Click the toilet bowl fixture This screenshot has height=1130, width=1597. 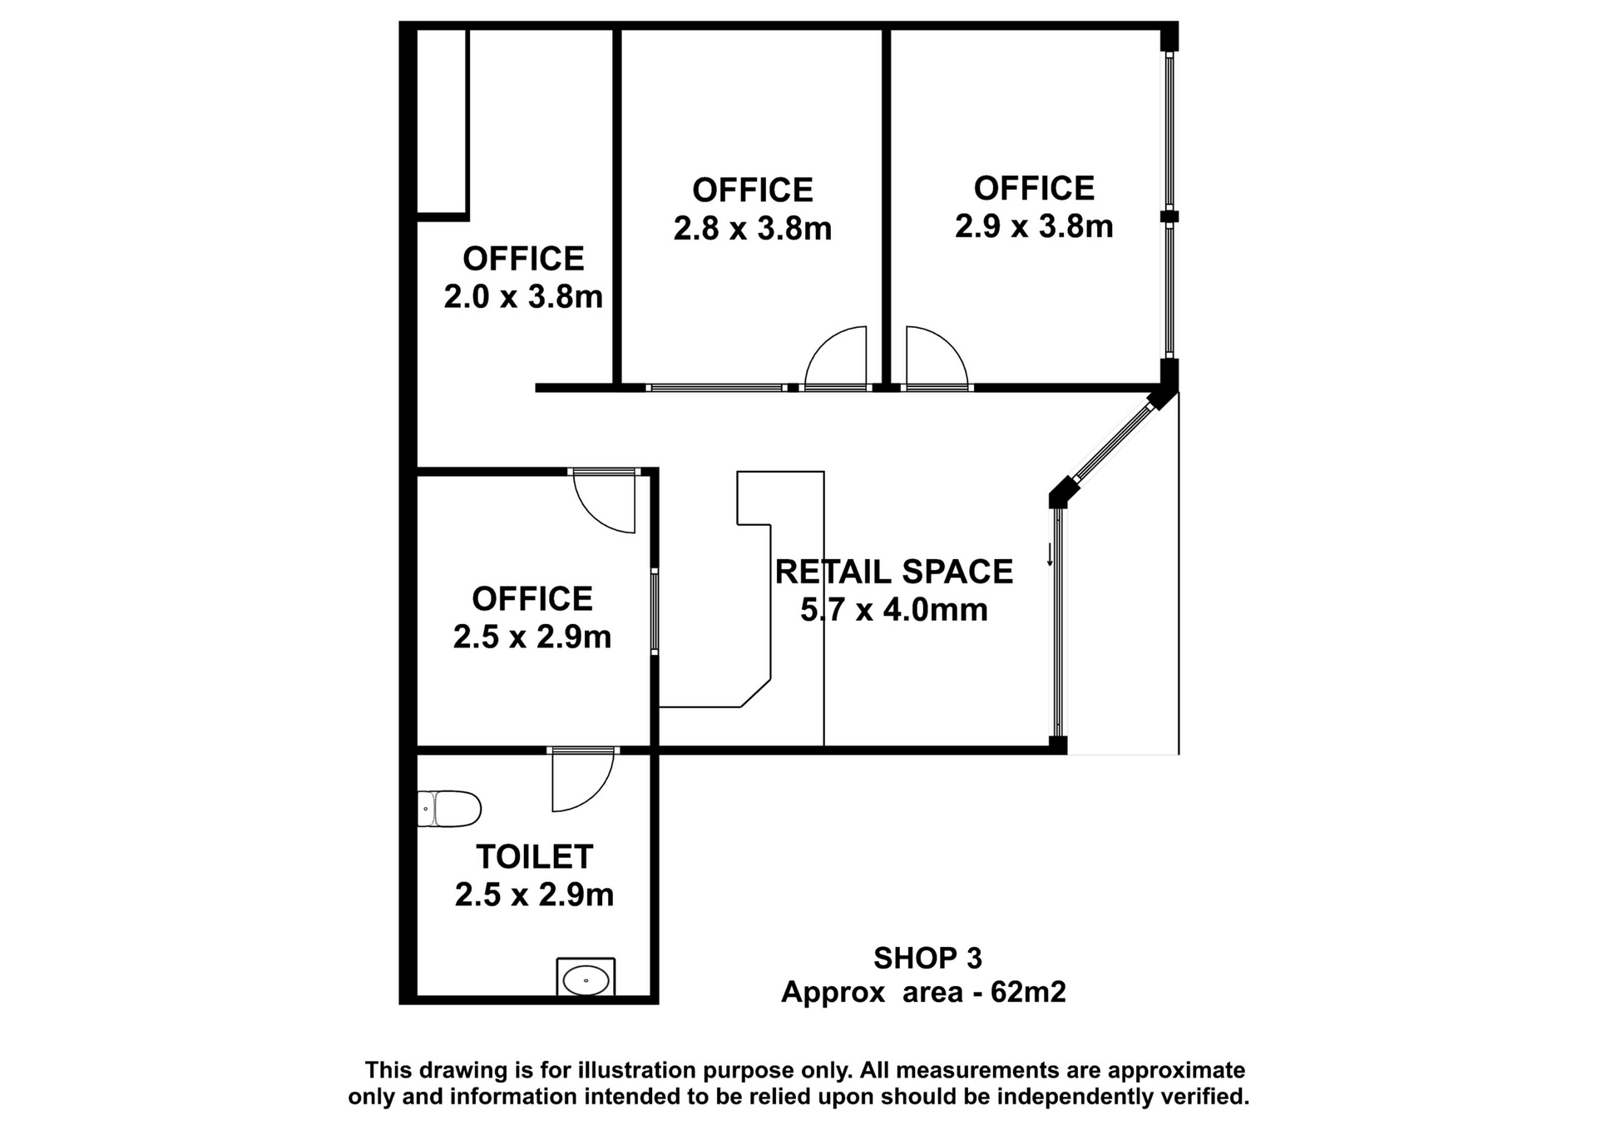pyautogui.click(x=449, y=808)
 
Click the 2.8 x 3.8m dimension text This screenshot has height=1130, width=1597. pyautogui.click(x=753, y=228)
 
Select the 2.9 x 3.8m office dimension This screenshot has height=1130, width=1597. pyautogui.click(x=1034, y=226)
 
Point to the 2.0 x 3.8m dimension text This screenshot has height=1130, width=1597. pyautogui.click(x=523, y=296)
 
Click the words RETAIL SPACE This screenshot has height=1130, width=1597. pyautogui.click(x=894, y=572)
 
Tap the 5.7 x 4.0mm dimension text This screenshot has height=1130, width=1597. pyautogui.click(x=894, y=609)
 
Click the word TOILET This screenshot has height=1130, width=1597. pyautogui.click(x=534, y=856)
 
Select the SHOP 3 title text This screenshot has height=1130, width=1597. pyautogui.click(x=927, y=959)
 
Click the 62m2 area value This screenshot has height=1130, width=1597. pyautogui.click(x=1028, y=992)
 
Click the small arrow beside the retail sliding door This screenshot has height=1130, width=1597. pyautogui.click(x=1051, y=554)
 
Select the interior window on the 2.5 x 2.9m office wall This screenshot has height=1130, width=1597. pyautogui.click(x=655, y=612)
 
